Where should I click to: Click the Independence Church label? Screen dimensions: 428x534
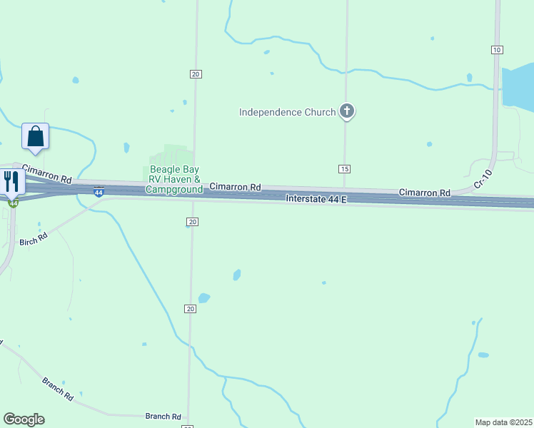click(287, 112)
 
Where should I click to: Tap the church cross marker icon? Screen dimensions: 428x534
click(347, 111)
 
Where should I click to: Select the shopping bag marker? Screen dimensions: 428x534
click(35, 136)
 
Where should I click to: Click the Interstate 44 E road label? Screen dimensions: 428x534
click(316, 199)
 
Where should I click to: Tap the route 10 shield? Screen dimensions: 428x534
click(497, 49)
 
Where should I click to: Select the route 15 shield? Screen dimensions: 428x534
click(345, 168)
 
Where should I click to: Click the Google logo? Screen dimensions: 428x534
click(24, 419)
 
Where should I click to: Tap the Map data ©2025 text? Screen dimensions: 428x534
click(503, 422)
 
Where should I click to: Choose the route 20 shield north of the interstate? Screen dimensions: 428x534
click(195, 74)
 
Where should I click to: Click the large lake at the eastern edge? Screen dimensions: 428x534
click(520, 88)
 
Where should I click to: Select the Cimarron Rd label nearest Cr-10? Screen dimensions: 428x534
click(425, 193)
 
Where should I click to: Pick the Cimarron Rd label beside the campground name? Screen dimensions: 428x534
click(235, 187)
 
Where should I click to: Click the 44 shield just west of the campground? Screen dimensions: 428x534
click(99, 192)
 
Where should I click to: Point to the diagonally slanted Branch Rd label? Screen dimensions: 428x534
click(57, 389)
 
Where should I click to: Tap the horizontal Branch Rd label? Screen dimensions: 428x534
click(163, 416)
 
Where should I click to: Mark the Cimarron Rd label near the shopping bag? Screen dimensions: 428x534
click(47, 173)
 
